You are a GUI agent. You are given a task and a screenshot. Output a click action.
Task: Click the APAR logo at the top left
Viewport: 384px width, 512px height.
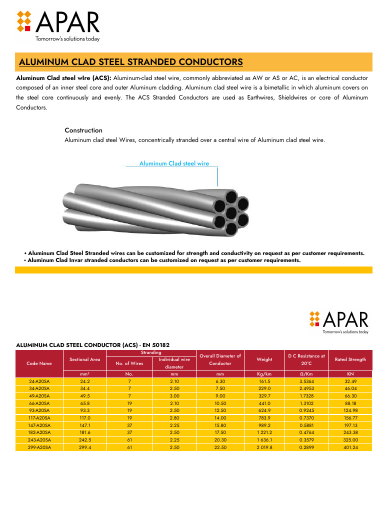(58, 24)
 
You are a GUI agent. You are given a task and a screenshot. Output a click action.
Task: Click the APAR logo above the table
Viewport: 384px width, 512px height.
(339, 321)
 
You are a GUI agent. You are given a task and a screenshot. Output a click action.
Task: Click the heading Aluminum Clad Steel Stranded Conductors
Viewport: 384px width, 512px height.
(130, 62)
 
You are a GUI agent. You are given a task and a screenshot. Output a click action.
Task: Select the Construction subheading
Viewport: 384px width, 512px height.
(83, 130)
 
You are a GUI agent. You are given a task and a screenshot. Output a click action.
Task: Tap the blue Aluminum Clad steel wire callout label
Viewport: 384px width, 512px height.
(174, 163)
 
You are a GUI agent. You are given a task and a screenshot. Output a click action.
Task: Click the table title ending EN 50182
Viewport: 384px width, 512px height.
(93, 345)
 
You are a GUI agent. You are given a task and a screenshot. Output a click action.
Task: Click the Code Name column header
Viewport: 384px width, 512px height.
(39, 363)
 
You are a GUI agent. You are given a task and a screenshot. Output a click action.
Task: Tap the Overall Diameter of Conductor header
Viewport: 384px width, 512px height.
(220, 359)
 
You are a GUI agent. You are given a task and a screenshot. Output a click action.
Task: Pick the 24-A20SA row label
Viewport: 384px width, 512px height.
(39, 381)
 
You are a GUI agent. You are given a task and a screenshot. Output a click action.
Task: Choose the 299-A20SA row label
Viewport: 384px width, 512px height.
(39, 447)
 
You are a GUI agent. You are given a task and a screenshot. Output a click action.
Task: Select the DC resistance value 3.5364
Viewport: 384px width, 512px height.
(306, 381)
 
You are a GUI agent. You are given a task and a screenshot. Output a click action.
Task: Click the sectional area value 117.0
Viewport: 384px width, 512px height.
(85, 418)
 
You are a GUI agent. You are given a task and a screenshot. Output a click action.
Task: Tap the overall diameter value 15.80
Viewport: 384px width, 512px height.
(220, 425)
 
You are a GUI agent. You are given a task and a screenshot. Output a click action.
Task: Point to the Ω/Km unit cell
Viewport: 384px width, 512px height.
(306, 373)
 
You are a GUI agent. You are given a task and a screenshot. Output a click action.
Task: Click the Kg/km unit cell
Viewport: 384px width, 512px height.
(264, 373)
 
